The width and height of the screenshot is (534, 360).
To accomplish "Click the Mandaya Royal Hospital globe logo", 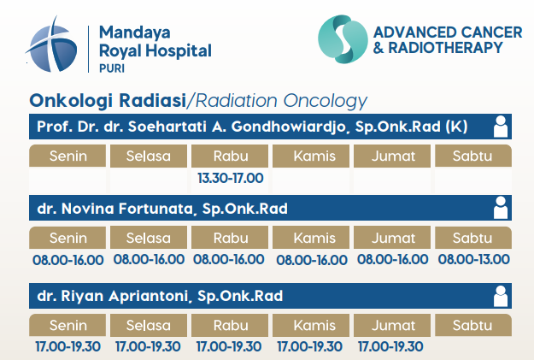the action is point(52,45).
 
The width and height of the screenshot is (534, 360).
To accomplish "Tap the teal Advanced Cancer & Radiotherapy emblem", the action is point(343,38).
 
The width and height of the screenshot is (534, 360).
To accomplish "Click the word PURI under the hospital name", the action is point(112,68).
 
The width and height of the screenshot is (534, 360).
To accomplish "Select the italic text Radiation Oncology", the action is point(281,101).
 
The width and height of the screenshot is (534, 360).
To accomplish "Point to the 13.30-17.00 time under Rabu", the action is point(231,178).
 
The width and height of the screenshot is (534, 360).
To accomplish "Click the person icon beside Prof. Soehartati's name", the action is point(501,127).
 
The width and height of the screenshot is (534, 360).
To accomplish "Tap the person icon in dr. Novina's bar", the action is point(501,208).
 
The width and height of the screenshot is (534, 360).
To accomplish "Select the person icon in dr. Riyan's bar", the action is point(501,296).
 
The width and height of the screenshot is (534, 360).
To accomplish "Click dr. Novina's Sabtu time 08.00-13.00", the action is point(473,259).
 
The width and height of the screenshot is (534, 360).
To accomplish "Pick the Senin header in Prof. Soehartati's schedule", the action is point(67,156).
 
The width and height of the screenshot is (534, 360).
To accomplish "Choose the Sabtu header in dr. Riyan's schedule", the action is point(473,325).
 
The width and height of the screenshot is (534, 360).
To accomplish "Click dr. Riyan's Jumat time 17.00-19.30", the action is point(390,346).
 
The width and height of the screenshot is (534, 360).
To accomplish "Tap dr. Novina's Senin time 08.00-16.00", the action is point(68,260).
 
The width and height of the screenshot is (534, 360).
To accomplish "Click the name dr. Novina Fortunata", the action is point(115,209).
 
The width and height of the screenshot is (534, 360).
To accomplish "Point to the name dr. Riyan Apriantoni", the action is point(113,296).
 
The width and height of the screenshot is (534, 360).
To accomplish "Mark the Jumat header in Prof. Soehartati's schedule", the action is point(392,156).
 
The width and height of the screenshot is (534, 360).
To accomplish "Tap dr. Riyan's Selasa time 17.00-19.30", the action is point(148,346).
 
